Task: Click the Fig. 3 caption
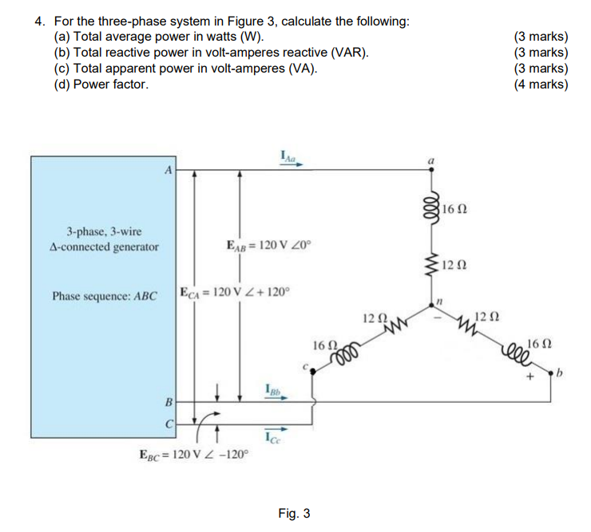pos(295,513)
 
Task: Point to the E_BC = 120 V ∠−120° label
pos(194,455)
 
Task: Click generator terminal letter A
pos(168,170)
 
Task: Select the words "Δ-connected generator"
pos(104,246)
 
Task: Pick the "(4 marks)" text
pos(541,84)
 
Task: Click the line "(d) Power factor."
pos(101,84)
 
